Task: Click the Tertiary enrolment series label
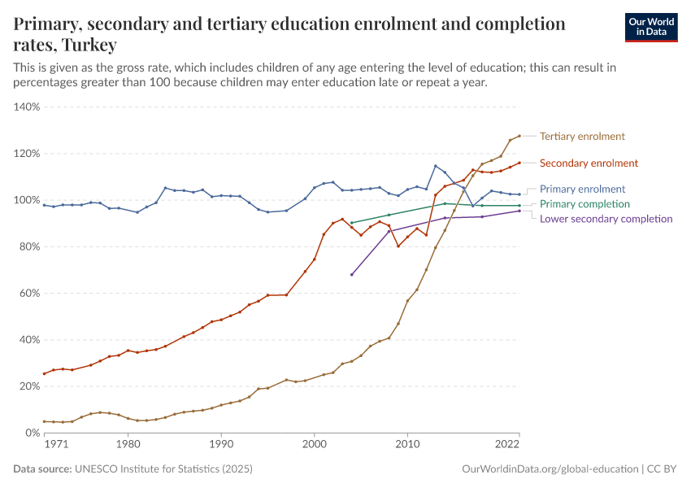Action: (x=582, y=137)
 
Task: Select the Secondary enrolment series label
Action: (x=589, y=163)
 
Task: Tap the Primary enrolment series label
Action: (x=582, y=189)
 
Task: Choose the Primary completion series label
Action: (x=585, y=204)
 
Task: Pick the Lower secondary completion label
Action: (x=606, y=219)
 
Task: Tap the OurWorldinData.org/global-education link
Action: (x=549, y=469)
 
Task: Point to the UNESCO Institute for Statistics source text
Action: (x=163, y=469)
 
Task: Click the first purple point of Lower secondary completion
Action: (x=351, y=274)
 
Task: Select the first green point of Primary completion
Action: (x=351, y=223)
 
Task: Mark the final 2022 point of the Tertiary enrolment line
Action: (x=519, y=136)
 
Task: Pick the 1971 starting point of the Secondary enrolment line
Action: (x=44, y=374)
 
